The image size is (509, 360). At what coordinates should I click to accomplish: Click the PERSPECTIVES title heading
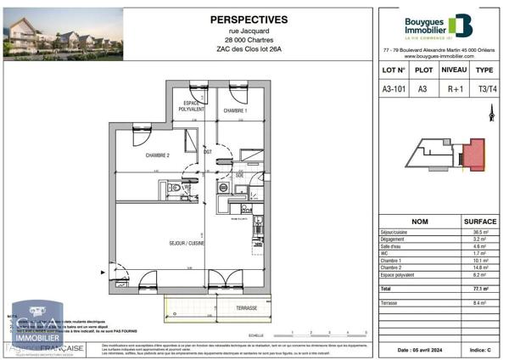(x=249, y=20)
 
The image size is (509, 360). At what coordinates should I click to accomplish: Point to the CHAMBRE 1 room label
(x=235, y=111)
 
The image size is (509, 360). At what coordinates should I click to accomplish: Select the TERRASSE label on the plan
(x=247, y=307)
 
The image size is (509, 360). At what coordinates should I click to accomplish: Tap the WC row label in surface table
(x=384, y=253)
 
